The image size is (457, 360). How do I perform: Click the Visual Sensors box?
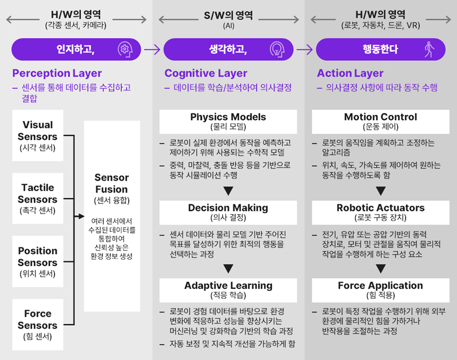coord(38,135)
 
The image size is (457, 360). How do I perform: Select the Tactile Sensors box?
coord(38,198)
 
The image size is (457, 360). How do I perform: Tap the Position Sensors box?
coord(38,261)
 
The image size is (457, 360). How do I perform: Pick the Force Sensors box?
coord(38,325)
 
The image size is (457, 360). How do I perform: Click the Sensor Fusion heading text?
coord(112,183)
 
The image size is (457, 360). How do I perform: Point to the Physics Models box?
coord(228,121)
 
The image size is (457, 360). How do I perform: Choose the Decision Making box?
coord(228,213)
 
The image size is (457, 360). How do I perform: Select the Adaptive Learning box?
coord(228,290)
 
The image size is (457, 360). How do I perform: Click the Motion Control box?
coord(381,121)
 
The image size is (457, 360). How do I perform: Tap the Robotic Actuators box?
coord(381,213)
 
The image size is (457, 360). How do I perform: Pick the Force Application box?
coord(381,290)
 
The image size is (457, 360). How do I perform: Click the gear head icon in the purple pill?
coord(125,50)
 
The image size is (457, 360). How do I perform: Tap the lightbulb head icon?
coord(277,50)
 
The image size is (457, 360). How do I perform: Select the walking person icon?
coord(429,50)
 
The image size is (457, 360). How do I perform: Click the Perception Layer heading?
coord(57,73)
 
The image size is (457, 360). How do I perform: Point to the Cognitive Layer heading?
coord(206,73)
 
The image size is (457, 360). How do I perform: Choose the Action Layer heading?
coord(350,73)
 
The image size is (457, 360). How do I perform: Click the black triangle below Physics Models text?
coord(228,191)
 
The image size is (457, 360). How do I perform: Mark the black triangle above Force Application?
coord(381,268)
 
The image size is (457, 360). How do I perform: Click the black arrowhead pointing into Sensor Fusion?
coord(82,216)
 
